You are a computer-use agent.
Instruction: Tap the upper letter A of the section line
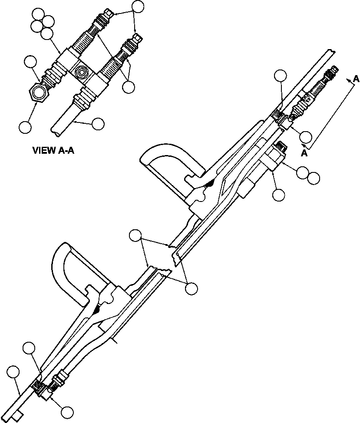click(356, 79)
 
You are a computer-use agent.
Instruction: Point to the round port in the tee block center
click(81, 71)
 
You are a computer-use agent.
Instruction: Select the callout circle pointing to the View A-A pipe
click(98, 123)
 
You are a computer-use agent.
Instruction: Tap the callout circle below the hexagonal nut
click(25, 127)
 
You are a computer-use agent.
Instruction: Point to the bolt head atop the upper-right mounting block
click(281, 148)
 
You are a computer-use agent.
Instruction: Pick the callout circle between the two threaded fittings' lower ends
click(128, 86)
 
